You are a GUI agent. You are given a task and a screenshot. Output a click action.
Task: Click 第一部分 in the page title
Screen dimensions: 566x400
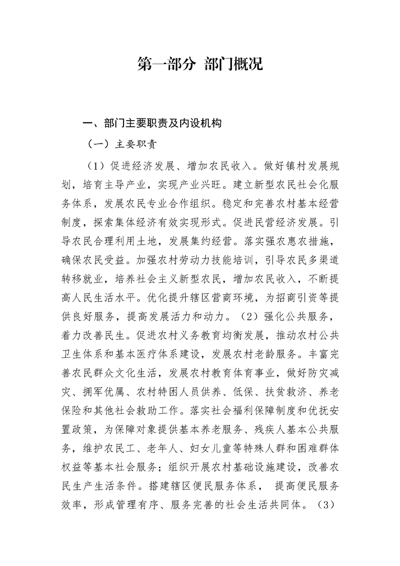(x=166, y=64)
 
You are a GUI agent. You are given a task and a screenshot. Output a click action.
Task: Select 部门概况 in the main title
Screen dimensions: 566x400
(x=234, y=64)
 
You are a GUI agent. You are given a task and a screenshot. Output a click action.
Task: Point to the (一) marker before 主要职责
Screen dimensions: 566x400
(x=98, y=144)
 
